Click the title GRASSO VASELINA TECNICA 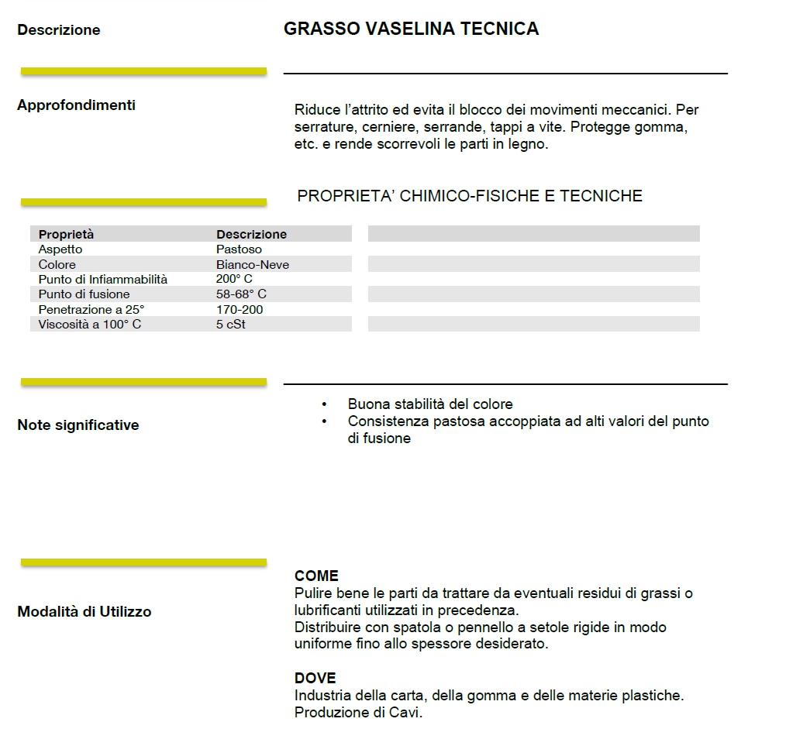pyautogui.click(x=411, y=29)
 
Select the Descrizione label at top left pyautogui.click(x=59, y=30)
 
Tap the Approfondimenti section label pyautogui.click(x=76, y=105)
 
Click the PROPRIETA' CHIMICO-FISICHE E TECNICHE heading pyautogui.click(x=470, y=196)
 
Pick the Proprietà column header pyautogui.click(x=66, y=234)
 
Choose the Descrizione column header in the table pyautogui.click(x=251, y=234)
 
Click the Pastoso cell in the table pyautogui.click(x=239, y=249)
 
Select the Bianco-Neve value pyautogui.click(x=253, y=264)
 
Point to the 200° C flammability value pyautogui.click(x=234, y=279)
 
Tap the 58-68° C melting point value pyautogui.click(x=241, y=294)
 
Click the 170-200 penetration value pyautogui.click(x=240, y=309)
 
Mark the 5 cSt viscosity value pyautogui.click(x=231, y=324)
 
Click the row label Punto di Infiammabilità pyautogui.click(x=102, y=279)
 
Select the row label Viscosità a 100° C pyautogui.click(x=90, y=324)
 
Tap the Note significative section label pyautogui.click(x=78, y=425)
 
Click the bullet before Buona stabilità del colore pyautogui.click(x=324, y=404)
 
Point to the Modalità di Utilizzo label pyautogui.click(x=84, y=612)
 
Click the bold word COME pyautogui.click(x=316, y=576)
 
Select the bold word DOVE pyautogui.click(x=315, y=679)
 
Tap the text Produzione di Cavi pyautogui.click(x=358, y=713)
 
